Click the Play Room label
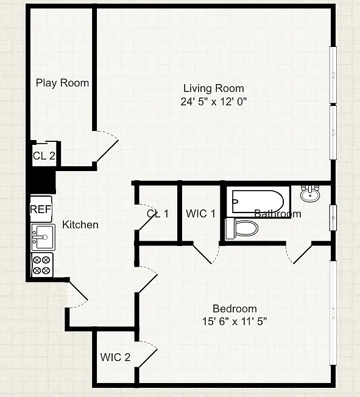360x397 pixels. [x=62, y=83]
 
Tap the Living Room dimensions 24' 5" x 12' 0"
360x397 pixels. [x=214, y=102]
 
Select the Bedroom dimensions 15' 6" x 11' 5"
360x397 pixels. [x=235, y=321]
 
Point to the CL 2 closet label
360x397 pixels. [x=44, y=156]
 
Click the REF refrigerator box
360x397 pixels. [x=41, y=209]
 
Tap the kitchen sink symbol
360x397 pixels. [x=43, y=237]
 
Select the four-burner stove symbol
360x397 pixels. [x=42, y=265]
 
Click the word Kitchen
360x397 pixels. [x=80, y=225]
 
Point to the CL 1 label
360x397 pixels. [x=158, y=214]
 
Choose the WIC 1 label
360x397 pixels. [x=200, y=214]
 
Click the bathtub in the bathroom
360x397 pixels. [x=258, y=202]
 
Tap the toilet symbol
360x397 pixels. [x=242, y=228]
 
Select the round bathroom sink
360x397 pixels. [x=310, y=194]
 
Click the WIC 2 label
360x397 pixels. [x=115, y=357]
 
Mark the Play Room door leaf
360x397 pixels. [x=107, y=151]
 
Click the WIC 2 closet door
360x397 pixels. [x=147, y=358]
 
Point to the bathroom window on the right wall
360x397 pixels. [x=333, y=218]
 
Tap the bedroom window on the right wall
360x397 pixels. [x=333, y=313]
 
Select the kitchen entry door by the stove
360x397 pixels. [x=78, y=291]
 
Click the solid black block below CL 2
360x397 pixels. [x=43, y=181]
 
